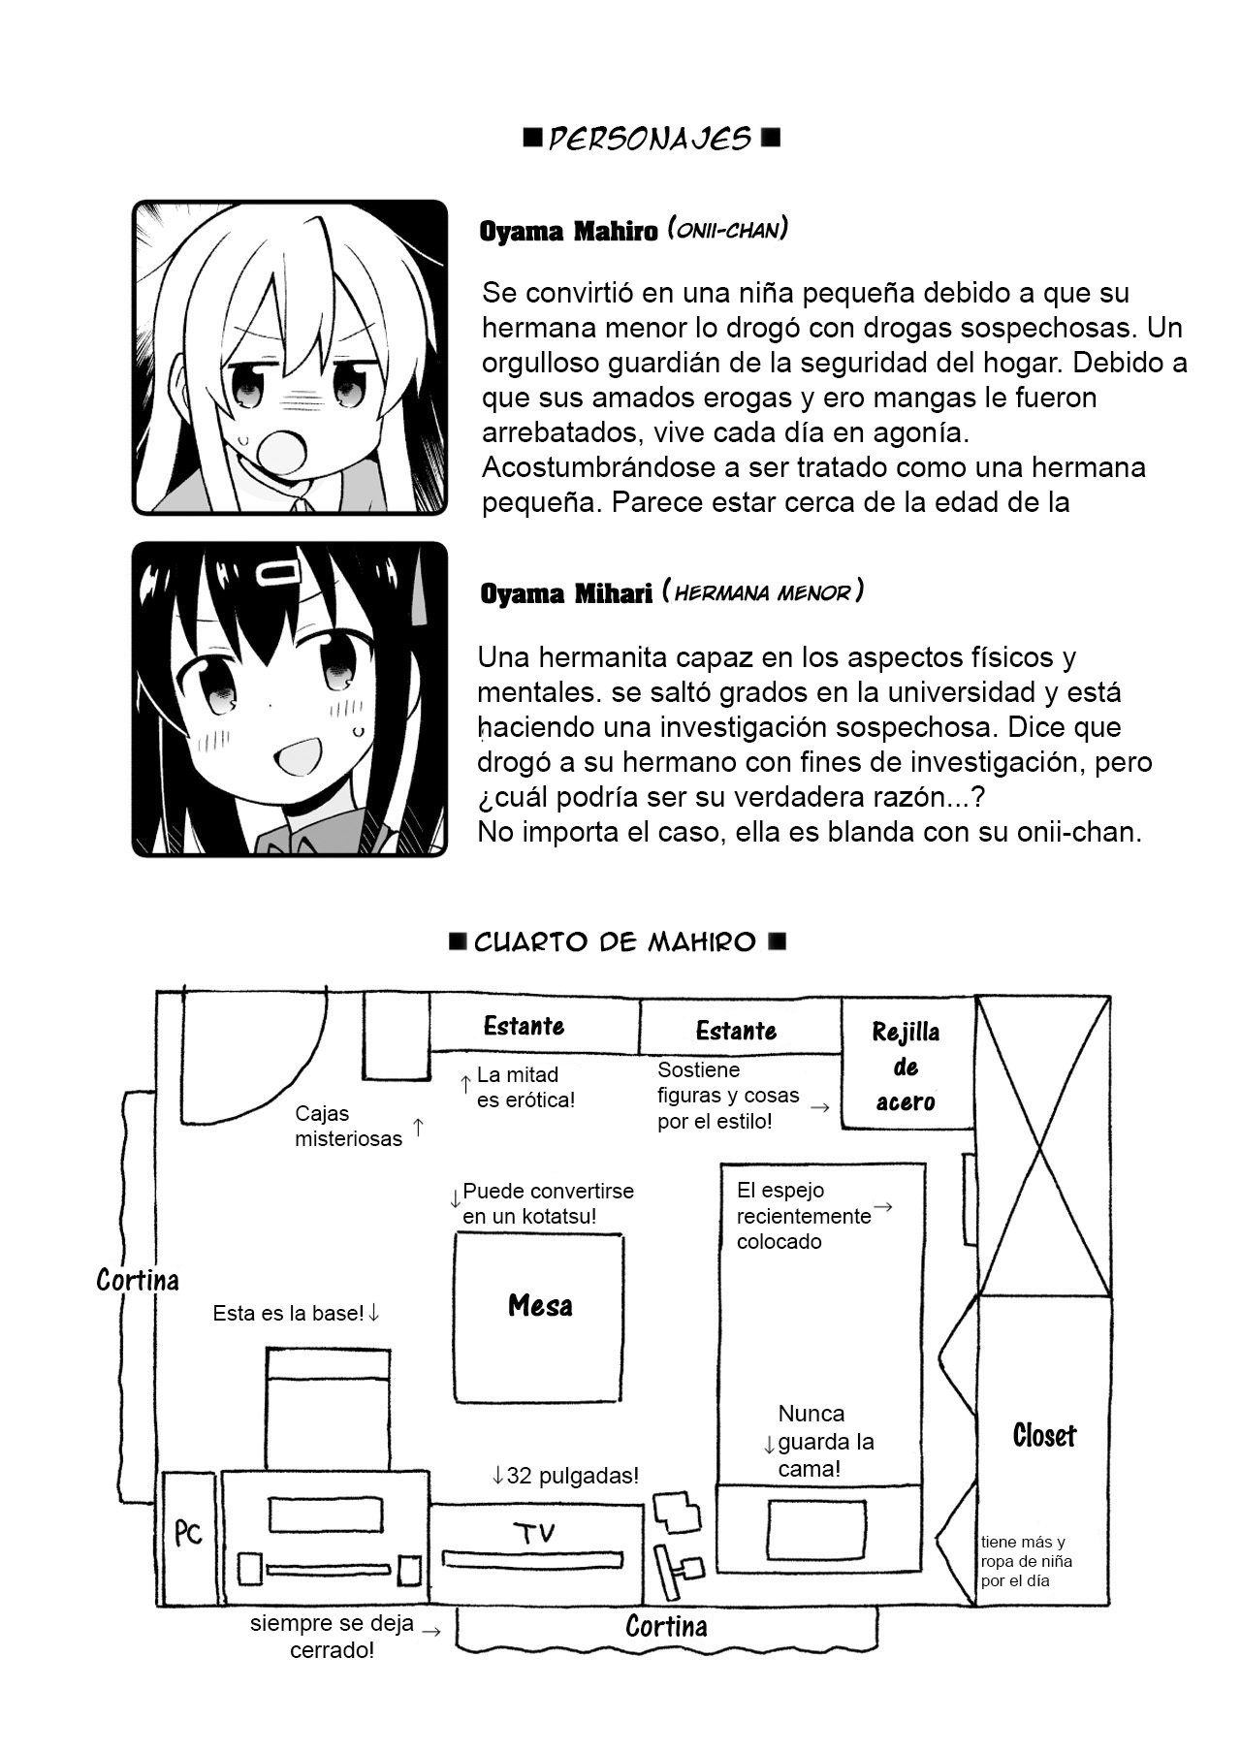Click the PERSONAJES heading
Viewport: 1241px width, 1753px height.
click(651, 139)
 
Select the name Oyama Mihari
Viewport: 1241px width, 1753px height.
click(566, 594)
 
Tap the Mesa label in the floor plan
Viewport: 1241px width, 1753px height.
click(540, 1306)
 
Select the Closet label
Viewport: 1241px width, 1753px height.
click(1044, 1436)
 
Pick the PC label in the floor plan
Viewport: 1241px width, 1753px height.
click(189, 1532)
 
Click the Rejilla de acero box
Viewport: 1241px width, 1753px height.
click(906, 1067)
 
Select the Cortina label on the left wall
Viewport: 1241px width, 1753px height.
click(138, 1281)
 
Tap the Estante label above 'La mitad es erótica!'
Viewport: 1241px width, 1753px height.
click(524, 1026)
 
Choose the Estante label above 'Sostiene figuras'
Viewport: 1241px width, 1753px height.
click(737, 1031)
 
